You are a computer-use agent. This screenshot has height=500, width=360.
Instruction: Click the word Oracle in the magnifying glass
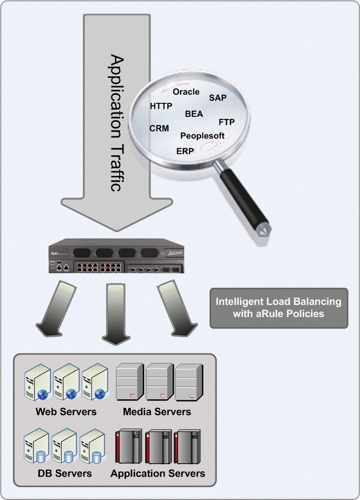186,92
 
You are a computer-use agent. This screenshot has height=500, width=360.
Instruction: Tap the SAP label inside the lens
218,97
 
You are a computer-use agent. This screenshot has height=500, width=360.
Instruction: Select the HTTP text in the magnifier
161,106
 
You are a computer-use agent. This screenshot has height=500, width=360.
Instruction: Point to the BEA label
194,114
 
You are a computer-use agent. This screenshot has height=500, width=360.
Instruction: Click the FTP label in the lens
226,122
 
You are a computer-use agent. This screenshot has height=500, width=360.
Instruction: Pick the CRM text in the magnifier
159,129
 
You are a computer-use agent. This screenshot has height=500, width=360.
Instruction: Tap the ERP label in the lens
185,151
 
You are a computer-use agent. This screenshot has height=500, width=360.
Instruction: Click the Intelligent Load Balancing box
279,308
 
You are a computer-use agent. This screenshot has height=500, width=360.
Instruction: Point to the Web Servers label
66,412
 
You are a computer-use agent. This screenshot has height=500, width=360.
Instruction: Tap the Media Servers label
157,412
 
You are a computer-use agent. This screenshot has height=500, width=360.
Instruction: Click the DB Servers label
64,473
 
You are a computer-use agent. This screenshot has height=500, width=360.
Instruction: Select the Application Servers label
158,473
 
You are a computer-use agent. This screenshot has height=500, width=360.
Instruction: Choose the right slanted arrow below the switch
175,309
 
